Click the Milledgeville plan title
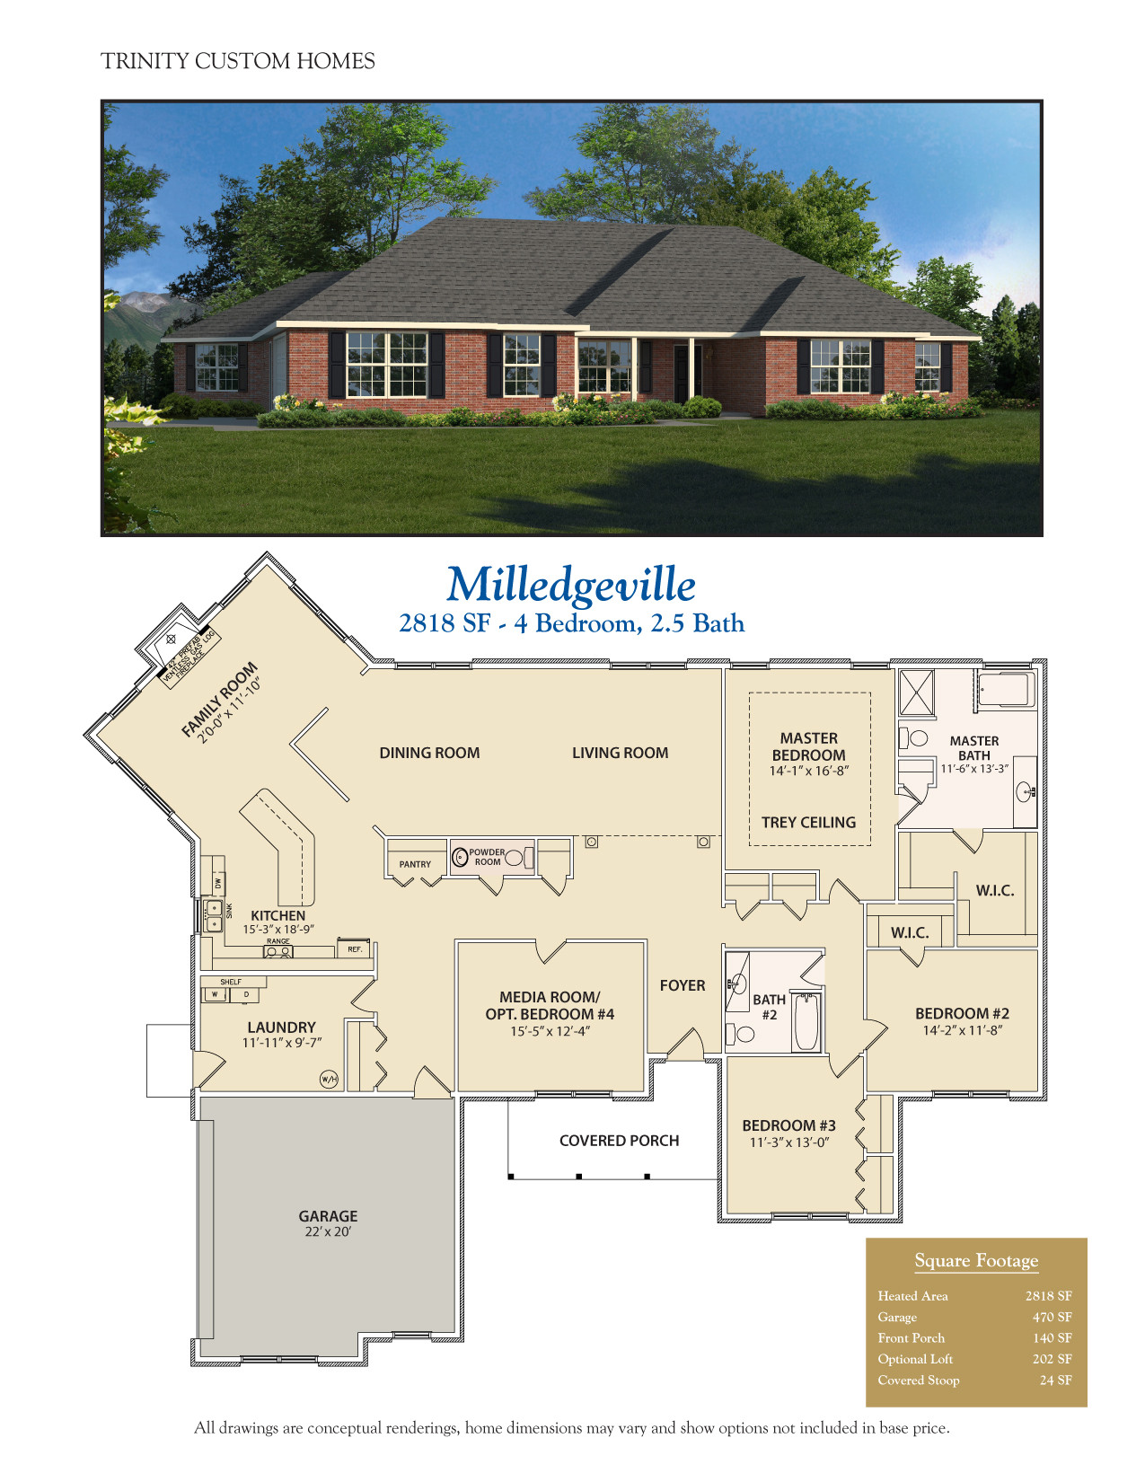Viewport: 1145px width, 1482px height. tap(571, 585)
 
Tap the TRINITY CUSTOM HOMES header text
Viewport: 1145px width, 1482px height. tap(238, 61)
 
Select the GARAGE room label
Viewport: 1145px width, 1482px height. tap(328, 1216)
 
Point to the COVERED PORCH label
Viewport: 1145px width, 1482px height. tap(619, 1141)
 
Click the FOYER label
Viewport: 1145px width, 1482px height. tap(683, 985)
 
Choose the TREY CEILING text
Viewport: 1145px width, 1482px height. tap(808, 822)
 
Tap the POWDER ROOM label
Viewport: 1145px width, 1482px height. tap(487, 857)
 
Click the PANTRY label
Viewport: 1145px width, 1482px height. tap(415, 864)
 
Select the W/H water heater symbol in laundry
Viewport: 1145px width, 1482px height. tap(329, 1079)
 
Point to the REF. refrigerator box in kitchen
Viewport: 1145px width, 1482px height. tap(355, 949)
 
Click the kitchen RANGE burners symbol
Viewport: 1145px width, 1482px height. tap(277, 951)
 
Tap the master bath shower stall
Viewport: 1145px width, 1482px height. tap(916, 692)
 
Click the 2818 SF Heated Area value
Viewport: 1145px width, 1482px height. tap(1048, 1296)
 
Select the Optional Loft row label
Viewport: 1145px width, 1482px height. tap(915, 1359)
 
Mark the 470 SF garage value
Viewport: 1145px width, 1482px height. tap(1052, 1317)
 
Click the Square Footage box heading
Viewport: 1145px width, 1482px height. tap(976, 1261)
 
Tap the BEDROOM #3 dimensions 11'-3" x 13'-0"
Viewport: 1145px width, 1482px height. tap(789, 1142)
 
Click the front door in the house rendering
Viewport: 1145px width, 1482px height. tap(681, 371)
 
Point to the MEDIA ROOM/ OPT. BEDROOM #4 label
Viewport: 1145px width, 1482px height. tap(550, 1005)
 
